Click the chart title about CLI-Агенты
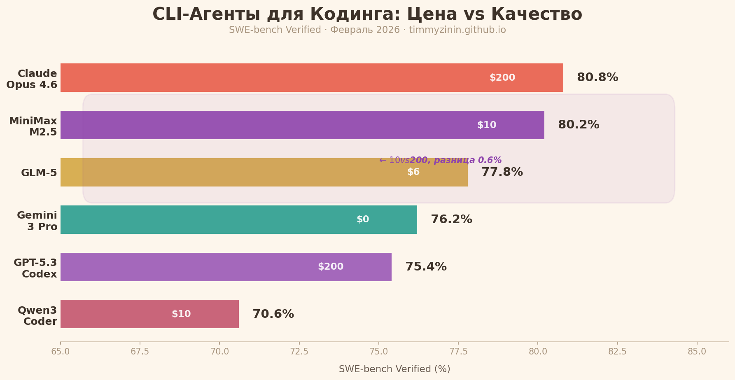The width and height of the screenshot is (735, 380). tap(367, 14)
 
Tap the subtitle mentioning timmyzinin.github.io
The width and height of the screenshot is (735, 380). tap(367, 30)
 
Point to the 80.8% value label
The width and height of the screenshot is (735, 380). tap(597, 77)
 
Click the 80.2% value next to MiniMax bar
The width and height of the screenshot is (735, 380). tap(578, 125)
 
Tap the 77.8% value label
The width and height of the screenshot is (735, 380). tap(502, 172)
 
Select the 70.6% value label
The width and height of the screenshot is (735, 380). tap(273, 314)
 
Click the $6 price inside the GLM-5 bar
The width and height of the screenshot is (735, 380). tap(413, 172)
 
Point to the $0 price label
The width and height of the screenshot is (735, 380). tap(363, 219)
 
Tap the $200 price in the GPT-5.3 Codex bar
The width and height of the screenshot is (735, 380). tap(331, 267)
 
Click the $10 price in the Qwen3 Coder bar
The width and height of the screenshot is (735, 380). tap(181, 314)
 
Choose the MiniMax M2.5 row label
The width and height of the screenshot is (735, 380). tap(33, 126)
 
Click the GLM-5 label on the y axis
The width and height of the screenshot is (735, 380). tap(39, 173)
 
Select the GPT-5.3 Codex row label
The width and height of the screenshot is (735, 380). tap(35, 268)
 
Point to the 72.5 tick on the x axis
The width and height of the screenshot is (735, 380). tap(299, 352)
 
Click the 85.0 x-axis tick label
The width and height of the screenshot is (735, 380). tap(697, 352)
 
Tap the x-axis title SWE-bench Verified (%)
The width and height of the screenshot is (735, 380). tap(394, 369)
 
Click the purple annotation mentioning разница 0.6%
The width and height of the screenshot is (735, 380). tap(440, 160)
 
